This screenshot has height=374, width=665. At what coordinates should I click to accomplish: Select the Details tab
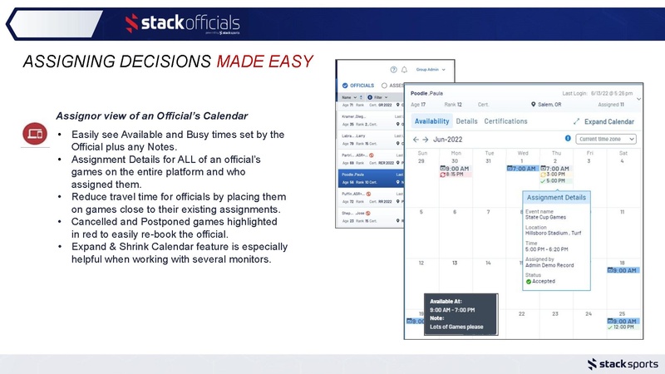[x=466, y=121]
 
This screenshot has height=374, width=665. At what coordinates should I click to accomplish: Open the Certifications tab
[x=506, y=121]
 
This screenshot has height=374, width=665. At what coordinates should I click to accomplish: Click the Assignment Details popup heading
[x=556, y=198]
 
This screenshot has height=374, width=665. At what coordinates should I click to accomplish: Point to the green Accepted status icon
[x=529, y=281]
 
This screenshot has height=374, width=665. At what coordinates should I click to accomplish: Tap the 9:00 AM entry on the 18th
[x=623, y=270]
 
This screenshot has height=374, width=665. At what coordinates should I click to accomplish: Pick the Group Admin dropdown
[x=431, y=69]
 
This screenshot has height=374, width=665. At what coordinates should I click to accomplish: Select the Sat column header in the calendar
[x=623, y=153]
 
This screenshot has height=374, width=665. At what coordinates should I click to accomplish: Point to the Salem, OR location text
[x=549, y=105]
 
